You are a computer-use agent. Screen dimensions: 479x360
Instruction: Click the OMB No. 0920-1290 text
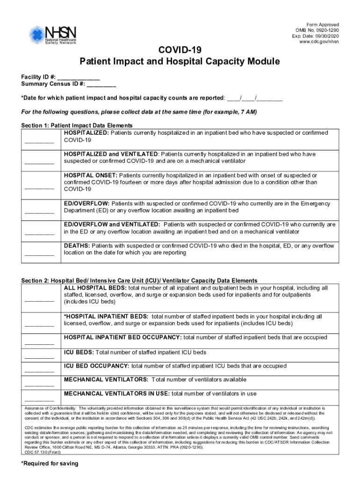[x=316, y=30]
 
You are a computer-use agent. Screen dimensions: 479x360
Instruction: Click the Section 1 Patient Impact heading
[x=77, y=126]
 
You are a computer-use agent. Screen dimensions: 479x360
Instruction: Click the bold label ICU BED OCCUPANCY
[x=97, y=366]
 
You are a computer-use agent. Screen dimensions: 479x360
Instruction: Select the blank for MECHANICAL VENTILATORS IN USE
[x=39, y=400]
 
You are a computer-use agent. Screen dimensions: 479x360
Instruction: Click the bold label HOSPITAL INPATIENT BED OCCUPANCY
[x=123, y=337]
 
